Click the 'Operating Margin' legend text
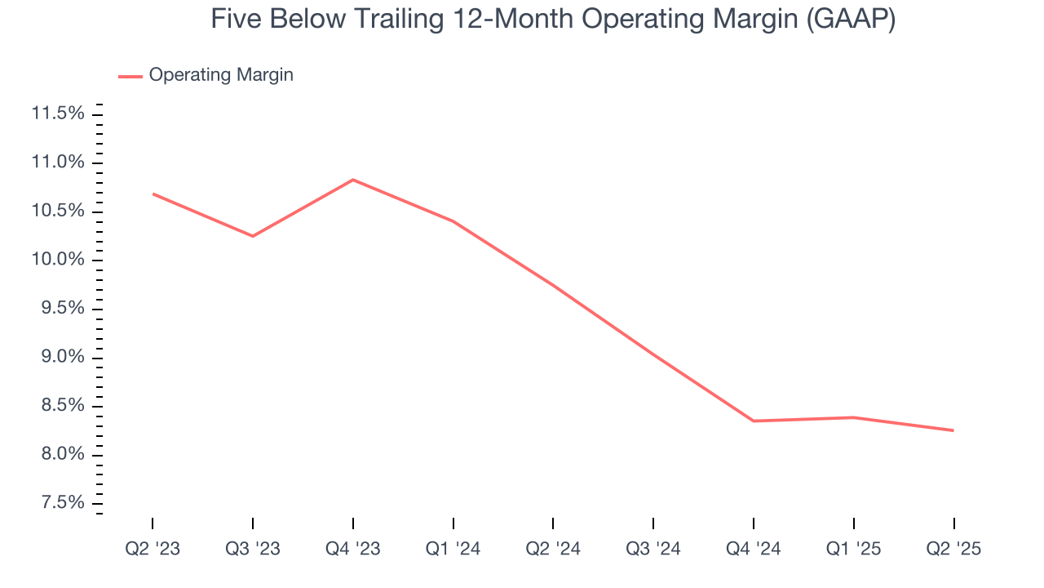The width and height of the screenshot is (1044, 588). point(221,75)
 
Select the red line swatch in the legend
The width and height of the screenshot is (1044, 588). point(130,76)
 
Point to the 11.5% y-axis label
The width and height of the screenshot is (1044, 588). point(58,114)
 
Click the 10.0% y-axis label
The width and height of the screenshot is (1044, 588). point(58,260)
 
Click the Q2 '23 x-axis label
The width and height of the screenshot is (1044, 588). point(153,549)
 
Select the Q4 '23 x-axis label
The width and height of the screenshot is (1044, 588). point(352,549)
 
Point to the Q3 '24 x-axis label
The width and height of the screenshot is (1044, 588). point(653,549)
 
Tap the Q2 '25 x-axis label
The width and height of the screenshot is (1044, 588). point(953,549)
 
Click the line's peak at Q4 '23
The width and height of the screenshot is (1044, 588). point(352,180)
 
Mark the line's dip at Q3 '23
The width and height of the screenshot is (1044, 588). point(253,236)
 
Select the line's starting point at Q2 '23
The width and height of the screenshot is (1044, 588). point(153,194)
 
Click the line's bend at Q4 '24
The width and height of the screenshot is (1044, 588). point(753,421)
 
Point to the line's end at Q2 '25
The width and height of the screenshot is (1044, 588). point(953,430)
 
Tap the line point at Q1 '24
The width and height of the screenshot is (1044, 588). point(453,221)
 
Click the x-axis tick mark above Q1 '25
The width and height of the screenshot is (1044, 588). point(853,523)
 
